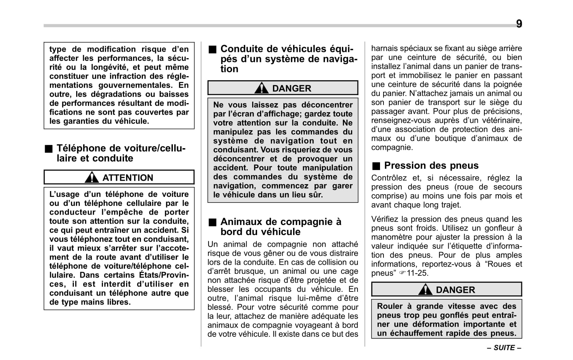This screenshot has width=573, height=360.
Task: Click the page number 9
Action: point(519,24)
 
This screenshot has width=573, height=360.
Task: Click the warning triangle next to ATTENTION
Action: point(91,177)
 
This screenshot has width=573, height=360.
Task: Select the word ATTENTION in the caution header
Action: point(127,178)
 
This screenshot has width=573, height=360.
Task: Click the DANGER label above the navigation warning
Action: point(292,88)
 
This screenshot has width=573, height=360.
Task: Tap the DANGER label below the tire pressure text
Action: point(455,290)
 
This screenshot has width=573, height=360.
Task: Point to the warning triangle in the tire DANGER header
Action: point(425,289)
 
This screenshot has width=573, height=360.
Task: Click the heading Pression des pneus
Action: point(431,165)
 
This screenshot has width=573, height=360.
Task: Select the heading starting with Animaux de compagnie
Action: point(281,226)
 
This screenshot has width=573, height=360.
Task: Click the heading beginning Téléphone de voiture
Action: point(121,153)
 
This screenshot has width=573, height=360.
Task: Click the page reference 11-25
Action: point(417,273)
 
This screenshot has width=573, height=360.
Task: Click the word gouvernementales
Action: point(135,85)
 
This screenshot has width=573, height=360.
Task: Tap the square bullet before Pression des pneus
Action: point(376,166)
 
